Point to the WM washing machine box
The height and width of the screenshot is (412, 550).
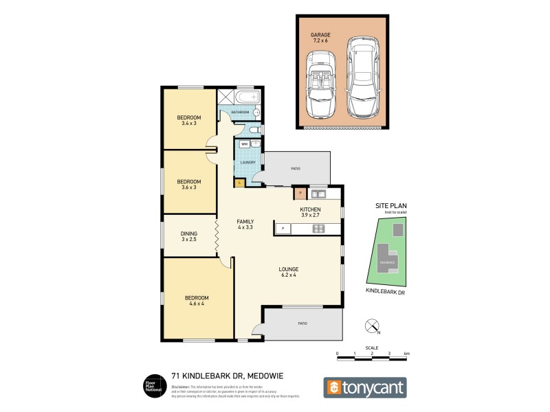245,144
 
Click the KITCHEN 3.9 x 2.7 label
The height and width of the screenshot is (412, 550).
311,212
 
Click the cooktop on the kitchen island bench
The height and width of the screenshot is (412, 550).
318,229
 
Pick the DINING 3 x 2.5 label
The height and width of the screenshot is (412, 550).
189,236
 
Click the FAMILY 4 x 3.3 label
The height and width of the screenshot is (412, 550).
245,225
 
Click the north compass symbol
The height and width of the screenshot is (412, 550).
372,325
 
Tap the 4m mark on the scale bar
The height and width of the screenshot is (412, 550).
406,354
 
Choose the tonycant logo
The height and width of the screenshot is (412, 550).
365,387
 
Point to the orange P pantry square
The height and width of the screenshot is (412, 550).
300,194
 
